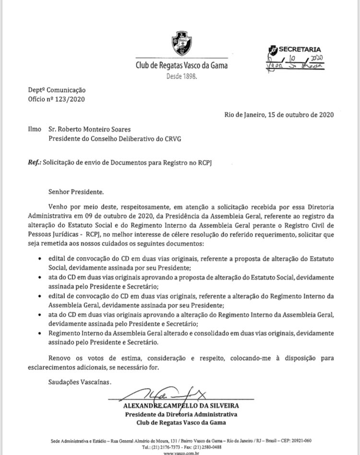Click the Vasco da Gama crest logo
tap(181, 43)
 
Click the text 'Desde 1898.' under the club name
tap(181, 76)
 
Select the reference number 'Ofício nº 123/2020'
tap(50, 99)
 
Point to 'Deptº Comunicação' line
tap(50, 90)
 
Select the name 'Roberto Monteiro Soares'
tap(89, 130)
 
